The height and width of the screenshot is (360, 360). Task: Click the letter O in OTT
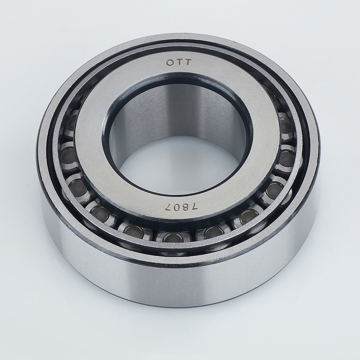click(170, 63)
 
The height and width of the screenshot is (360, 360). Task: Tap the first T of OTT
click(179, 63)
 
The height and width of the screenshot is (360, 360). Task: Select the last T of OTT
click(188, 63)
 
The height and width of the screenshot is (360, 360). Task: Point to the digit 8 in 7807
click(185, 207)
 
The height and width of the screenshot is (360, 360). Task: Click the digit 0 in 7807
click(177, 207)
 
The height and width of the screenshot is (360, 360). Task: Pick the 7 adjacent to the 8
click(194, 207)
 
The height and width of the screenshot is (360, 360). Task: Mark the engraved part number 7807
click(181, 207)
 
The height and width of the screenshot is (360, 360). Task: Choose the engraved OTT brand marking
click(179, 63)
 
